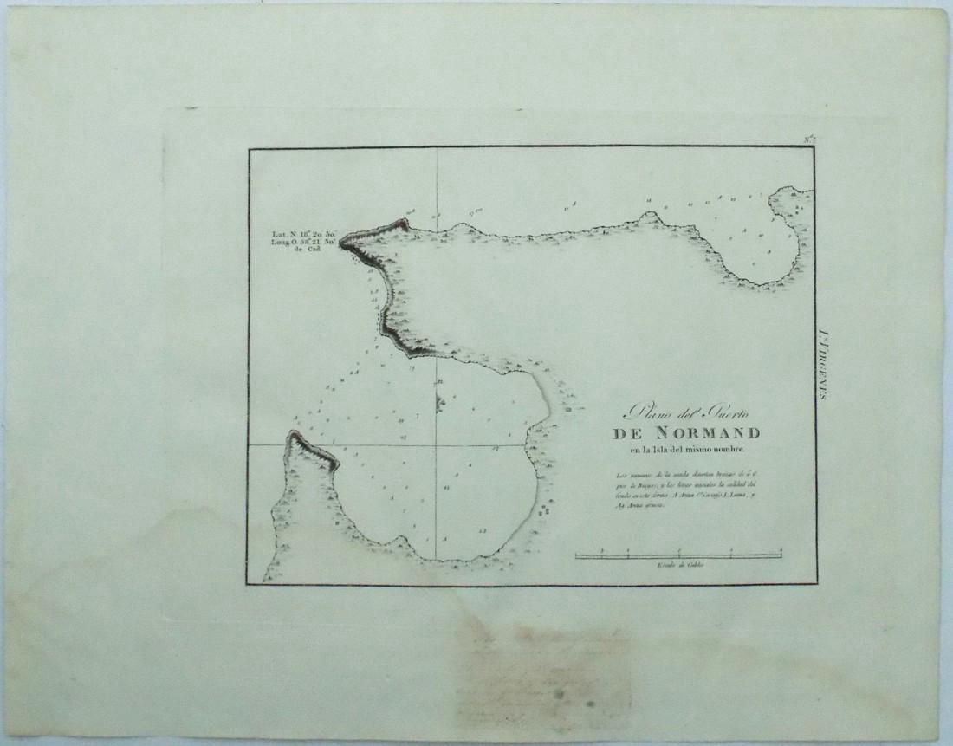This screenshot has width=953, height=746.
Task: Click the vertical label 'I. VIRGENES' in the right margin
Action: coord(822,364)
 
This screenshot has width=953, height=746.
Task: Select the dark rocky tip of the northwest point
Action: coord(346,243)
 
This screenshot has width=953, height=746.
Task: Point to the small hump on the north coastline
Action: coord(647,216)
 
